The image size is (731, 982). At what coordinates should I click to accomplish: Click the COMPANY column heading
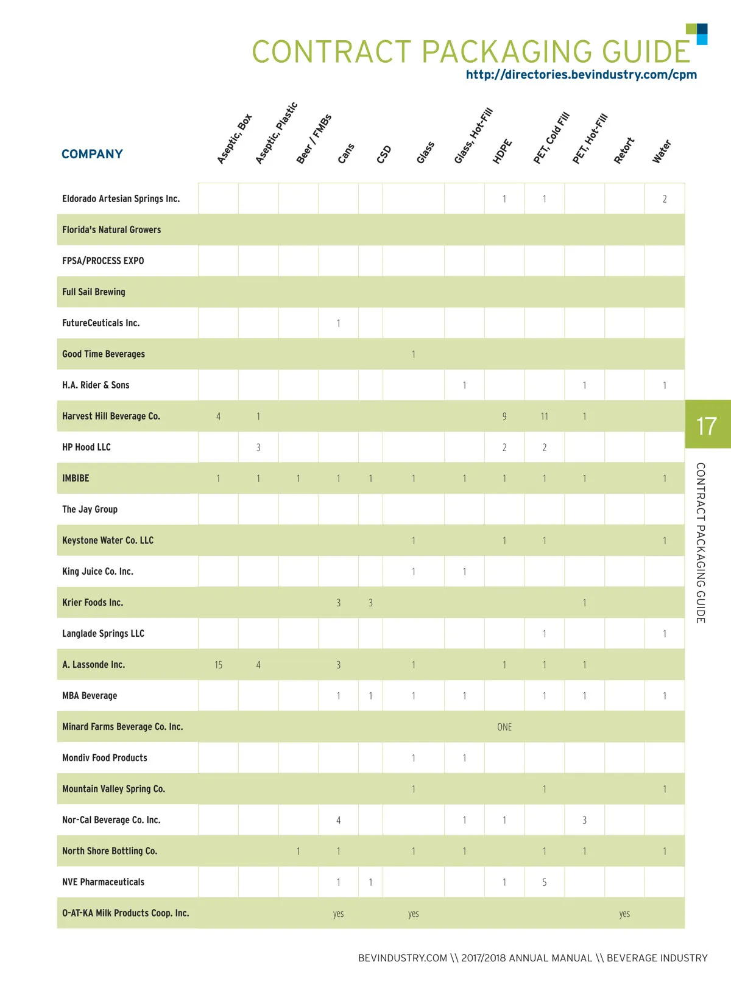click(92, 154)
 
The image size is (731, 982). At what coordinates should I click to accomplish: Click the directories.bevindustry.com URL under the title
click(581, 75)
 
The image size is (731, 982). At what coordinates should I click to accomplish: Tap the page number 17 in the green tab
click(707, 426)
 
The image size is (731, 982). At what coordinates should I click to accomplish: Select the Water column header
click(662, 152)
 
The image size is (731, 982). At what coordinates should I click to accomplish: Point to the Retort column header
click(624, 150)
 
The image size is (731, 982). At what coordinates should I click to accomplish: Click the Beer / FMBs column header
click(314, 139)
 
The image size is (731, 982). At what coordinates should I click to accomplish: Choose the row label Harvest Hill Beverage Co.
click(111, 416)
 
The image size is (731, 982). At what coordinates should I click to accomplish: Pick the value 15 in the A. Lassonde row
click(218, 665)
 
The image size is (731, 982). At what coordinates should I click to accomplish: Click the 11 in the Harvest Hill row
click(544, 416)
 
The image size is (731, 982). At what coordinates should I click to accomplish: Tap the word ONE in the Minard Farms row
click(504, 727)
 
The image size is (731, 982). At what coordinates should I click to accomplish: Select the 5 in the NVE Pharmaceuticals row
click(544, 882)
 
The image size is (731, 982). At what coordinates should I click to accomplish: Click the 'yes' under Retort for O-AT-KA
click(624, 913)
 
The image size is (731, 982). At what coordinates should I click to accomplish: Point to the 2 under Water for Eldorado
click(665, 199)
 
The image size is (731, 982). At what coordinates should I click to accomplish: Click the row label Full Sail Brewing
click(94, 292)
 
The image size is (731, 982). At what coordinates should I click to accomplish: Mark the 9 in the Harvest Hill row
click(504, 416)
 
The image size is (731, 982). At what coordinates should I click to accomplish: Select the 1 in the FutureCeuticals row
click(338, 323)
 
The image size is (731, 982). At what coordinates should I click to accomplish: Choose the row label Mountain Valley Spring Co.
click(113, 789)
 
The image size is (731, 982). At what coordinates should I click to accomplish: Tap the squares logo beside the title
click(697, 34)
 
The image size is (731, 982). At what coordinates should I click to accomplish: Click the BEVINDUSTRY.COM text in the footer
click(403, 958)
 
